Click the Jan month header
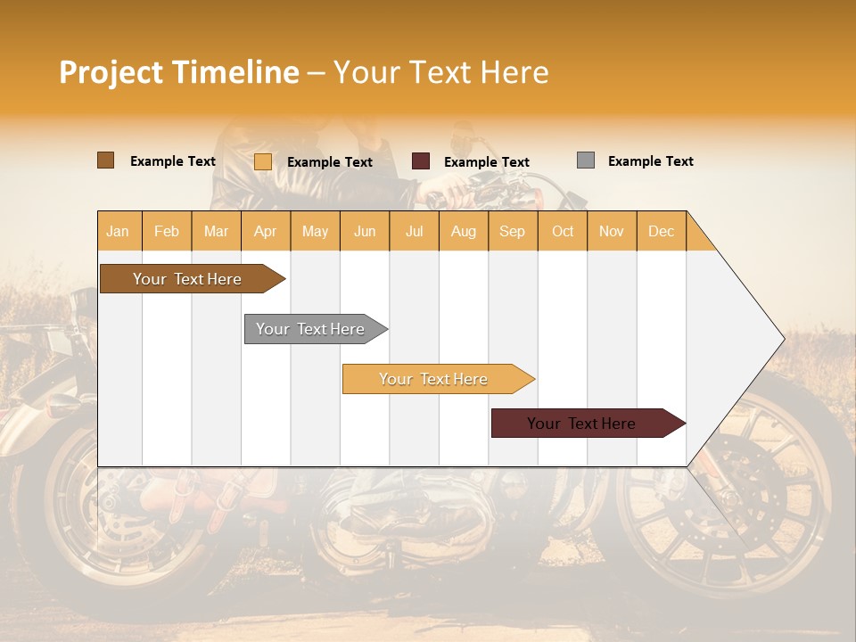pos(119,231)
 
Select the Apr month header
pos(266,231)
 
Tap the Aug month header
pos(464,231)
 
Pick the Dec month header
pos(661,231)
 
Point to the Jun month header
pos(365,231)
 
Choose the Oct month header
pos(563,231)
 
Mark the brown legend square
pos(106,160)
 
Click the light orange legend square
pos(263,161)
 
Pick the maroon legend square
pos(421,161)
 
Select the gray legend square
pos(586,160)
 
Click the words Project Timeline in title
pos(179,72)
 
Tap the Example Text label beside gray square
pos(650,160)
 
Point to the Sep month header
pos(513,231)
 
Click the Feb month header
pos(167,231)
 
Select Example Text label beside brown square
pos(173,160)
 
